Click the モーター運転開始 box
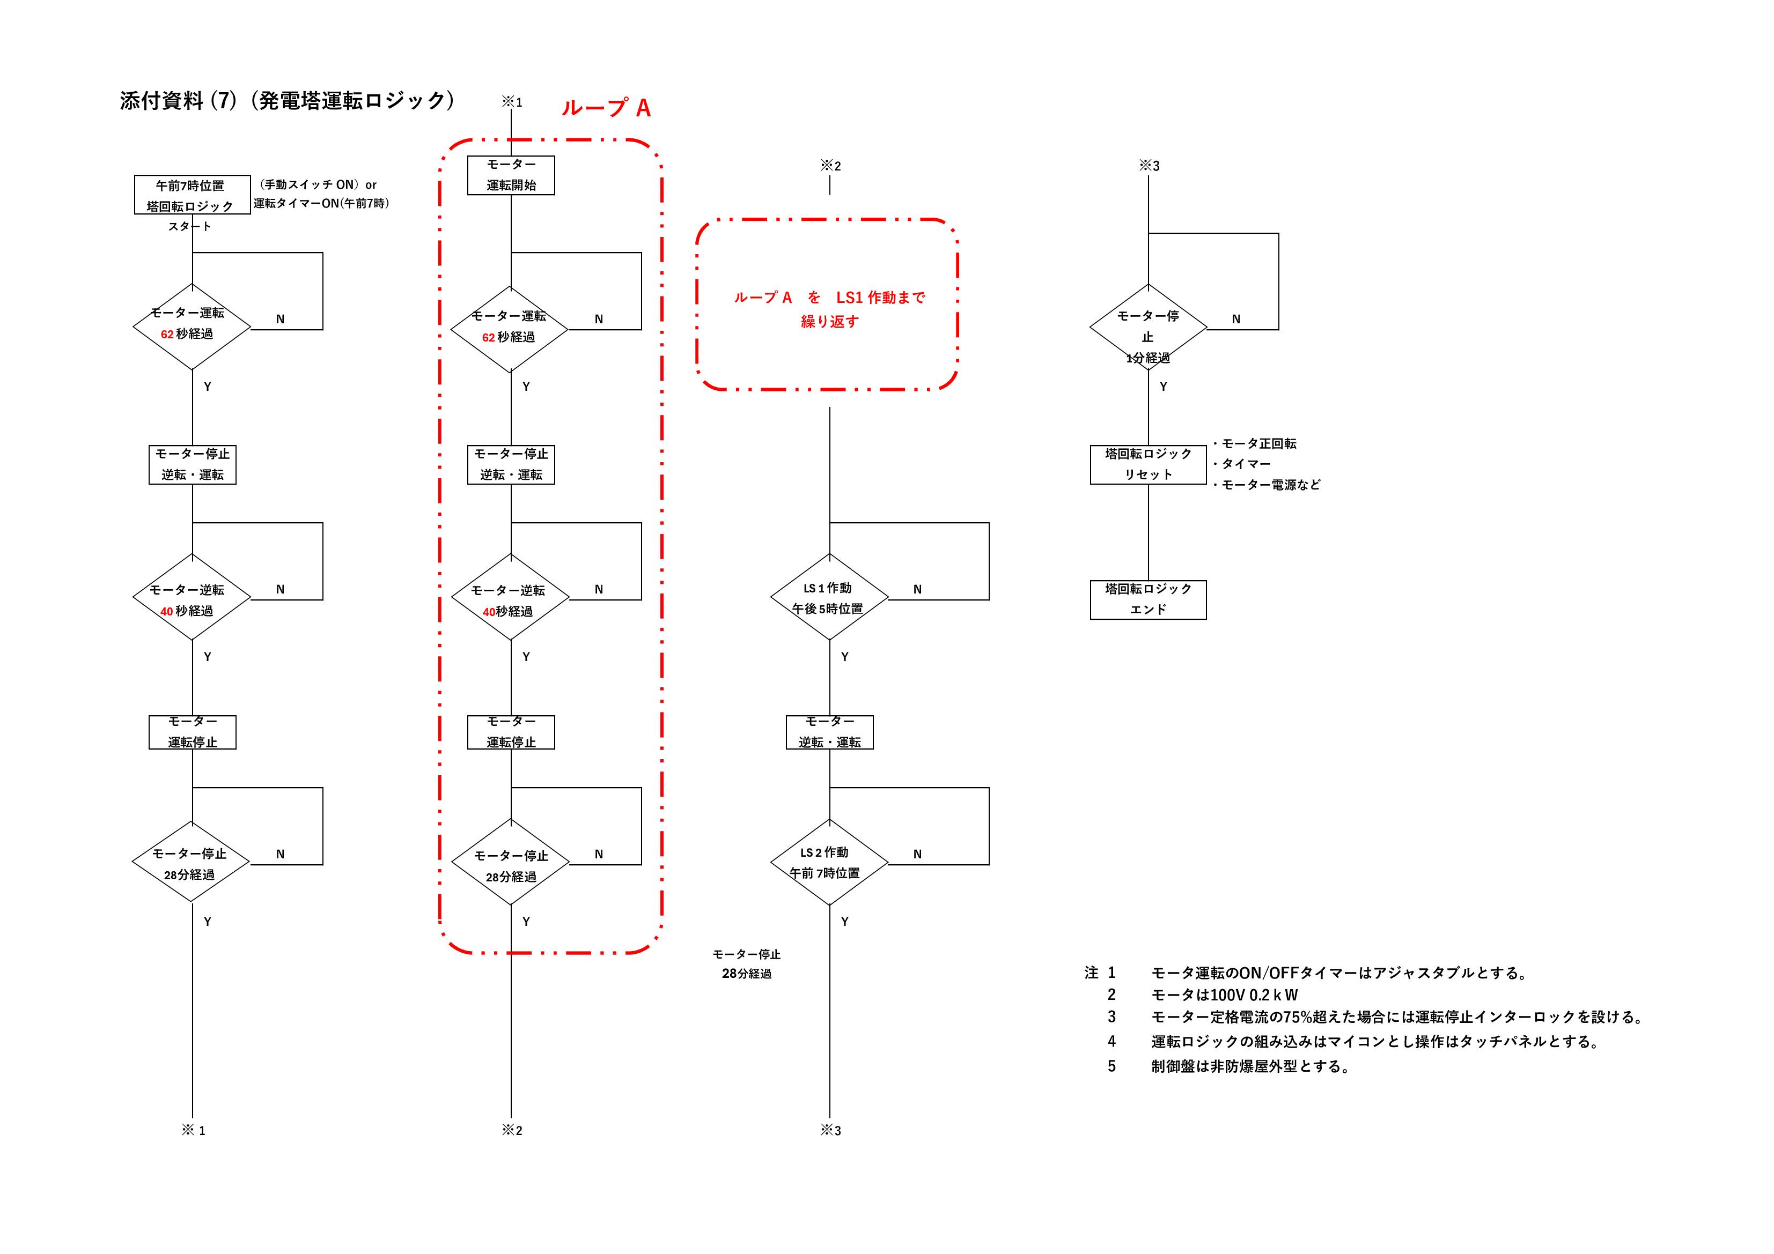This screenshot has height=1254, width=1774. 511,175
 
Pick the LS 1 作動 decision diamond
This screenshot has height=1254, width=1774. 829,597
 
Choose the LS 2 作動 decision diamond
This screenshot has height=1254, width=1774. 829,862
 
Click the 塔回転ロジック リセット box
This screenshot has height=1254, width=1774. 1147,464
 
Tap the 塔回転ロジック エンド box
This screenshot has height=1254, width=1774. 1147,599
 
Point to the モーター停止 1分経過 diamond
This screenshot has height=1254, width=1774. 1147,328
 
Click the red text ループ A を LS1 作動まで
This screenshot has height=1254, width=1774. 829,298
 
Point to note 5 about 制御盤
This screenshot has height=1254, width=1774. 1249,1066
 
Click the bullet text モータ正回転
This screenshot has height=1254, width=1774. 1258,443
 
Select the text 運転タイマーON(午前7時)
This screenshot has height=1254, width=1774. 321,204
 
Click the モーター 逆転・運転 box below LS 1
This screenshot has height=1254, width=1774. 829,732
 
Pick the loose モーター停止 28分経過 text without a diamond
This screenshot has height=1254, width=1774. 746,963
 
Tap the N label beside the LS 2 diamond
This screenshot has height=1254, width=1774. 917,854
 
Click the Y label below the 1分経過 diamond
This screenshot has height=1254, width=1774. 1163,386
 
